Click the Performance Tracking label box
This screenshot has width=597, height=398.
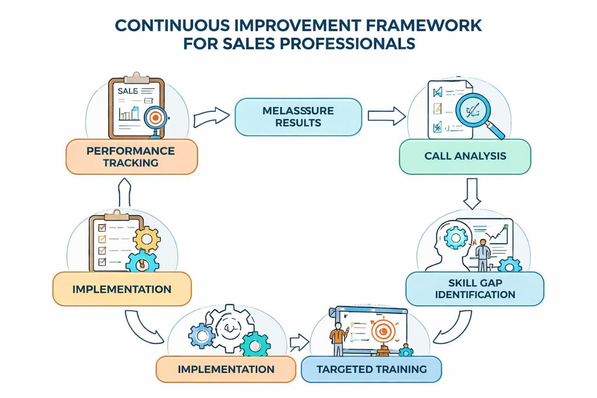(132, 156)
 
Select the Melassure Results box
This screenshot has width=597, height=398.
(298, 117)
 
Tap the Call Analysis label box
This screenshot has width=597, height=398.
(465, 156)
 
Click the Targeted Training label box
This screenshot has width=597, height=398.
(371, 370)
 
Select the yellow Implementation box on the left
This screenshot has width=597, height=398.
(121, 289)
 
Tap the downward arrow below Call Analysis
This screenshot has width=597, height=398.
(471, 194)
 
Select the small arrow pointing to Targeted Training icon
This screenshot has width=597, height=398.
(298, 341)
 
